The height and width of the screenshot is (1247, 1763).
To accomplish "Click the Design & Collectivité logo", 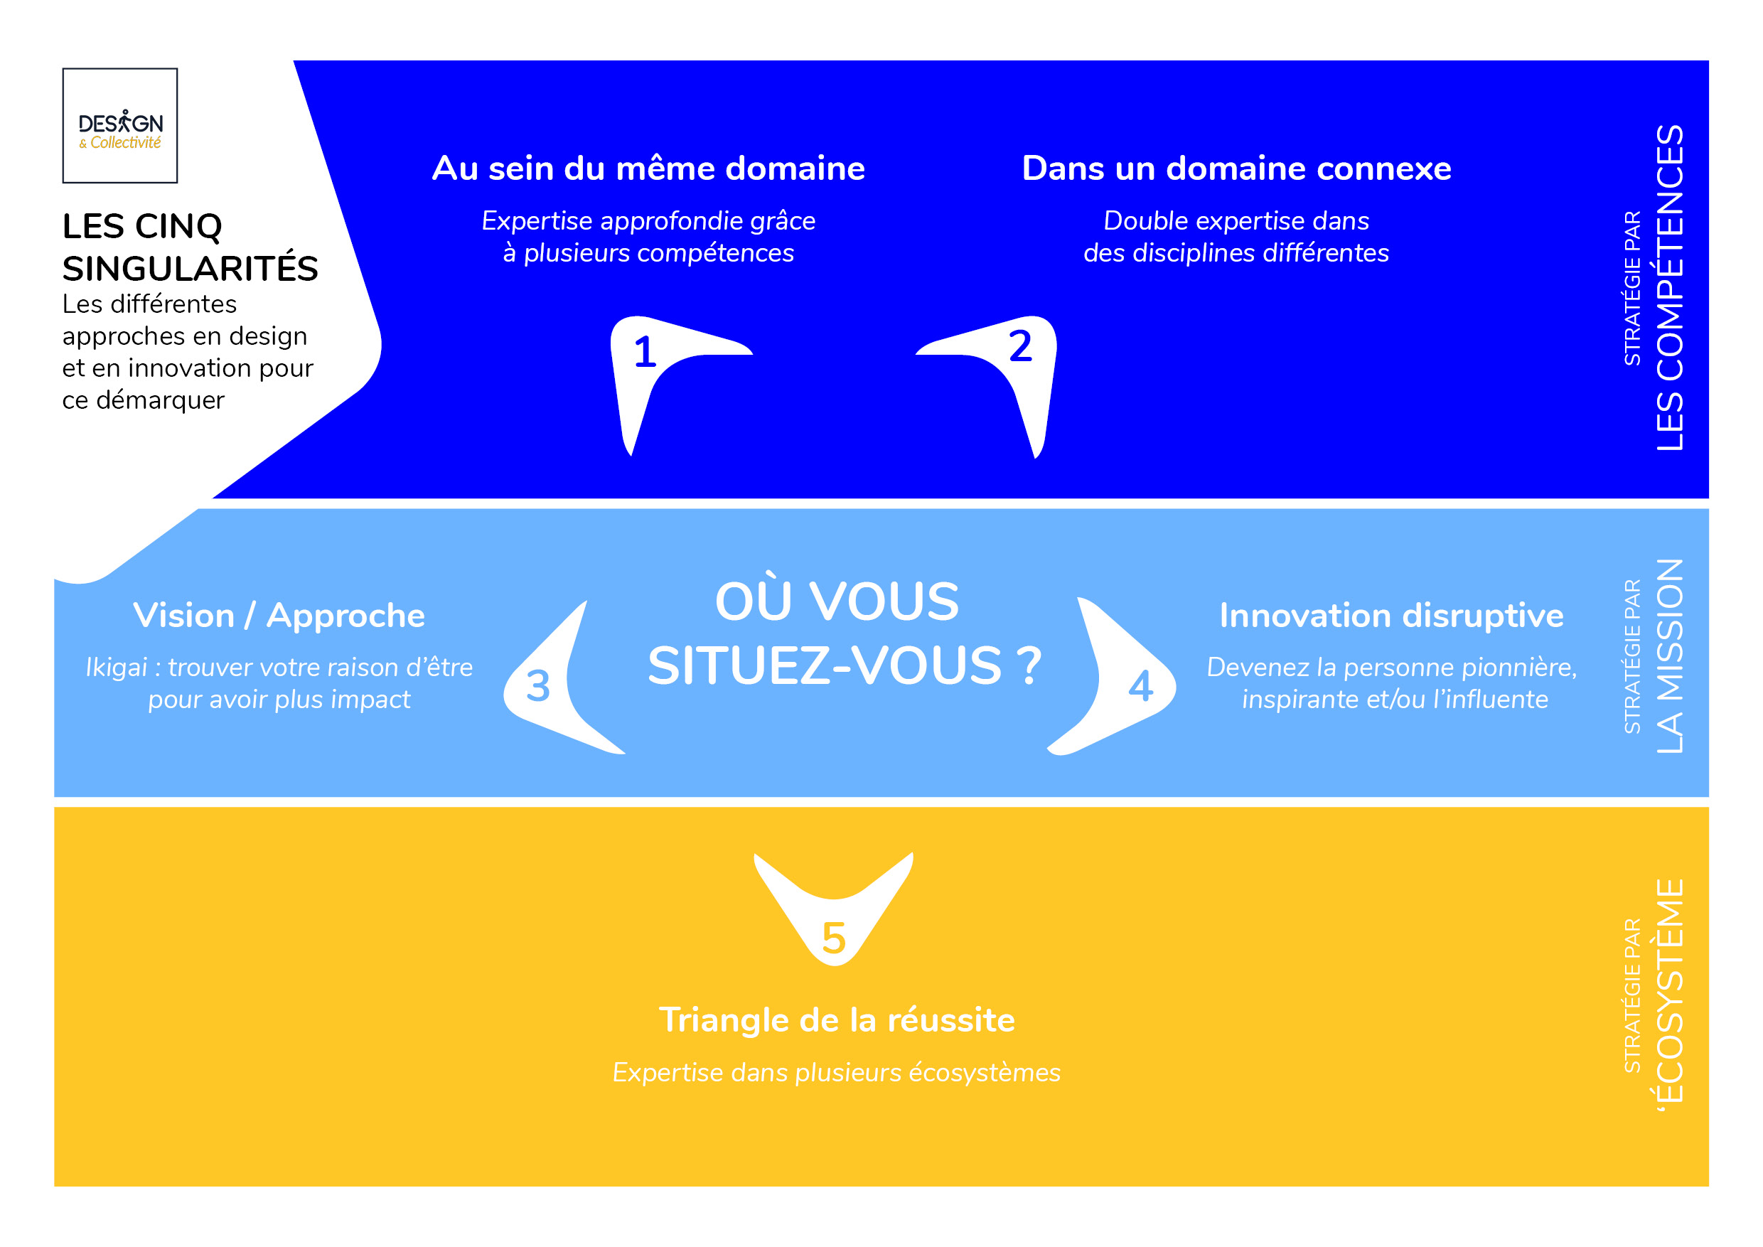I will pyautogui.click(x=120, y=126).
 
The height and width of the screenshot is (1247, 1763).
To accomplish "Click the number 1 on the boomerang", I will pyautogui.click(x=645, y=353).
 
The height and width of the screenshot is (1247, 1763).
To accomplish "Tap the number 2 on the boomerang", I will pyautogui.click(x=1019, y=346).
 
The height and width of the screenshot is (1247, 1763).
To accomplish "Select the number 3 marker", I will pyautogui.click(x=537, y=685).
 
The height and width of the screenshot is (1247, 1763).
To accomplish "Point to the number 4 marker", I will pyautogui.click(x=1140, y=685).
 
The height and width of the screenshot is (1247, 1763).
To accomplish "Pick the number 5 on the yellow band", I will pyautogui.click(x=834, y=938).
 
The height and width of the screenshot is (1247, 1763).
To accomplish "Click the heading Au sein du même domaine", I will pyautogui.click(x=648, y=169).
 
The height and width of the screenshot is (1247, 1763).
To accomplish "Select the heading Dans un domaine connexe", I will pyautogui.click(x=1236, y=169).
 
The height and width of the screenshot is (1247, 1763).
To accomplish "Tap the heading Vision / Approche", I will pyautogui.click(x=279, y=616).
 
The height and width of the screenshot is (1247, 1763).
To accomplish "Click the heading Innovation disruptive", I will pyautogui.click(x=1391, y=616).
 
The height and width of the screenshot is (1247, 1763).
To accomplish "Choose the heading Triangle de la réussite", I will pyautogui.click(x=837, y=1020).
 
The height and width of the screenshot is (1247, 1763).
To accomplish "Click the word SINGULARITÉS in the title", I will pyautogui.click(x=190, y=269).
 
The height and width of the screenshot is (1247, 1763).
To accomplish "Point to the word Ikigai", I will pyautogui.click(x=116, y=668).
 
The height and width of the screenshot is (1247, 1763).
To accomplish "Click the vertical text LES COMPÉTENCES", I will pyautogui.click(x=1669, y=288).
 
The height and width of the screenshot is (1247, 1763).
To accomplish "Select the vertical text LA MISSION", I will pyautogui.click(x=1669, y=656).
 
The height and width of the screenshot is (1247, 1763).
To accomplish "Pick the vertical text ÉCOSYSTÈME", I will pyautogui.click(x=1669, y=990).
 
